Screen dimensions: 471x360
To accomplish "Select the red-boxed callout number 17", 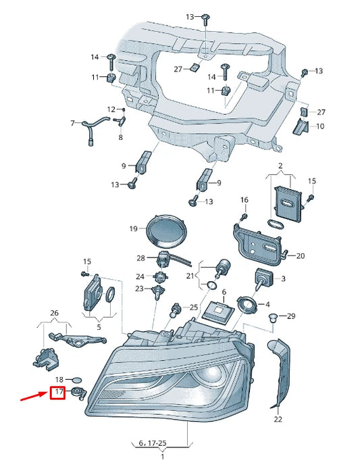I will (59, 392).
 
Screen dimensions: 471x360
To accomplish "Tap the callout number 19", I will (133, 229).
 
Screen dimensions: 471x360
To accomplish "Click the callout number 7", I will (72, 123).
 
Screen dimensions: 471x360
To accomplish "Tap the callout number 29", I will (291, 316).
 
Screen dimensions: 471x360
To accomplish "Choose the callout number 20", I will (301, 255).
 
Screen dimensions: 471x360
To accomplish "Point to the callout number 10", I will (319, 126).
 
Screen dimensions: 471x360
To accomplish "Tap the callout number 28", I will (140, 258).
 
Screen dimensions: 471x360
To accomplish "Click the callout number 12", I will (111, 109).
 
